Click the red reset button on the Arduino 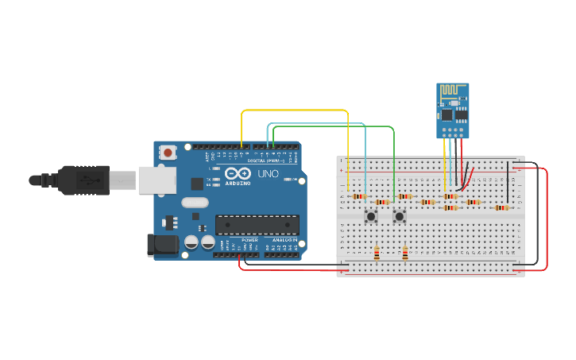tap(168, 152)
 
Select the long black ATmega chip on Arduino tap(257, 225)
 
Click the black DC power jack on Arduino tap(163, 245)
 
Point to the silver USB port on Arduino tap(157, 180)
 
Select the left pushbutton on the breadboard tap(371, 216)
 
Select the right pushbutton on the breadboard tap(400, 216)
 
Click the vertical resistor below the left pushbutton tap(377, 254)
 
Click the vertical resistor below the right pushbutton tap(405, 254)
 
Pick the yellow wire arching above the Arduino tap(294, 110)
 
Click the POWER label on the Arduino tap(249, 239)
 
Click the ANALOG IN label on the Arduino tap(285, 239)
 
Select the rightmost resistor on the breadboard tap(501, 208)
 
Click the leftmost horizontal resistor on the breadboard tap(359, 196)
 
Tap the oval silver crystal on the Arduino tap(194, 203)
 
